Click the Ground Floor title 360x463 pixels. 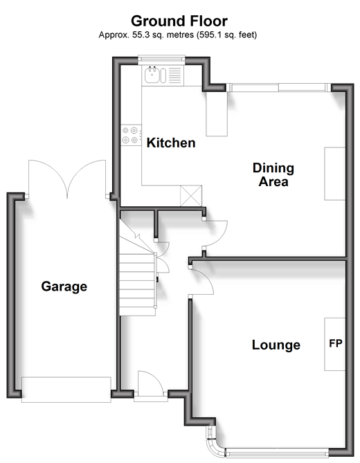179,21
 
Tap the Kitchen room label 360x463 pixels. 171,143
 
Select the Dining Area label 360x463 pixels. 273,174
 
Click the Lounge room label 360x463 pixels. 276,345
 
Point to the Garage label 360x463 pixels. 64,287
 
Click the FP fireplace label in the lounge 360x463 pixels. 336,343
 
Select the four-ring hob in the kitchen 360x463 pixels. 131,135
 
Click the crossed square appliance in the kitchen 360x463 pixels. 191,196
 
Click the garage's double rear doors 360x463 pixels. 67,179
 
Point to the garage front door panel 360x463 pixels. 66,390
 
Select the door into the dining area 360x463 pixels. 215,233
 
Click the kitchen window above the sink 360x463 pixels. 161,60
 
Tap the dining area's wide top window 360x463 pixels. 278,87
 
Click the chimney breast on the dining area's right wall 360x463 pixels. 335,174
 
